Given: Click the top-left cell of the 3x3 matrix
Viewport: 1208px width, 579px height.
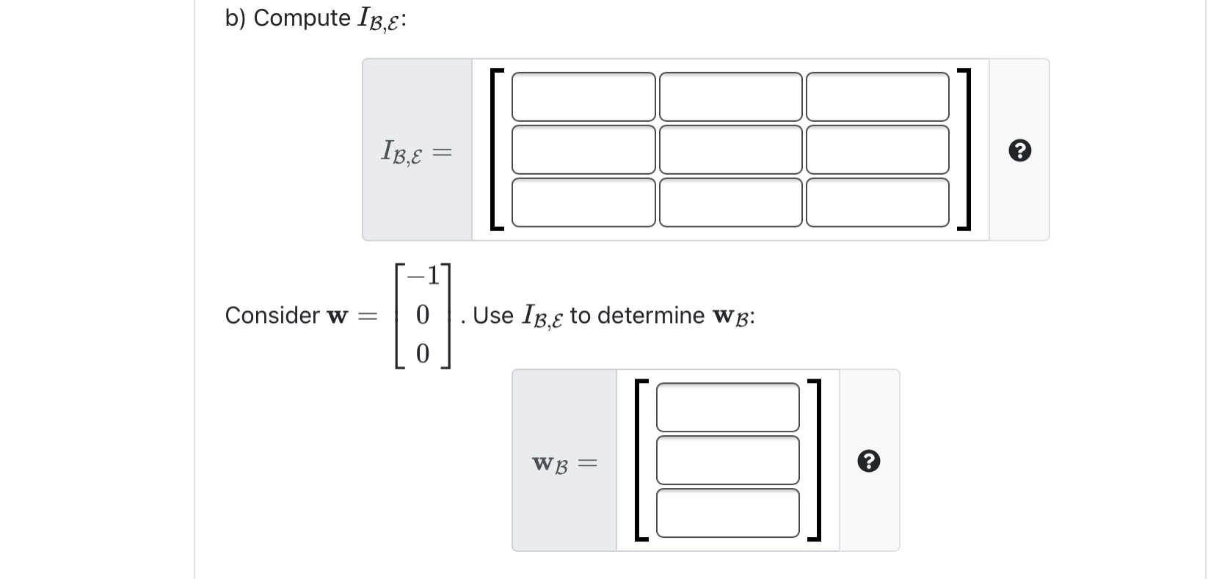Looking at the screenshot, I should pos(583,97).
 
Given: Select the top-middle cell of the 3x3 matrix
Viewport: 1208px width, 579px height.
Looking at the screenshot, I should pos(730,97).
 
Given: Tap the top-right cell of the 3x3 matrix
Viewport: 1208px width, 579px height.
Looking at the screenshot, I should pos(877,97).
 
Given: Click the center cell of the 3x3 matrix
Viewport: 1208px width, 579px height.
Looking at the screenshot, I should pos(730,150).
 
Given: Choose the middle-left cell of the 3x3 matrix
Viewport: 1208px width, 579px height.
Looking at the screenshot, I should pos(583,150).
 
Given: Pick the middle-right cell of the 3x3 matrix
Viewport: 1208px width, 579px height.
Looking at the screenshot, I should pos(877,150).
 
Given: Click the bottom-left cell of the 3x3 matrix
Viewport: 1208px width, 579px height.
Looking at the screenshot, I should pos(583,203).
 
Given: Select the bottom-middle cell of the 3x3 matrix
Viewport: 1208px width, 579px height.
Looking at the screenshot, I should pos(730,203).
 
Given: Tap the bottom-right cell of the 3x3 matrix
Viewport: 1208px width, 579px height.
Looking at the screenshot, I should pos(877,203).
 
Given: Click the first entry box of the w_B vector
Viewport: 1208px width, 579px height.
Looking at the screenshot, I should pos(727,407).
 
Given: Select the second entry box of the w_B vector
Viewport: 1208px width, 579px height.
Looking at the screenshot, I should pos(727,460).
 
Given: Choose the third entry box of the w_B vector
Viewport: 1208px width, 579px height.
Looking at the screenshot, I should pos(727,513).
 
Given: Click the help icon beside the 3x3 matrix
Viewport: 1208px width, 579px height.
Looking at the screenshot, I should pos(1019,151).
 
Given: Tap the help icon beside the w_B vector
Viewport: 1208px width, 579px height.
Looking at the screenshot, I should pos(869,462).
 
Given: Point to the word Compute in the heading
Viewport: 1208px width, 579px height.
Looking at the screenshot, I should pos(302,18).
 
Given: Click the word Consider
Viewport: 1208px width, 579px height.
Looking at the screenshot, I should pos(272,316).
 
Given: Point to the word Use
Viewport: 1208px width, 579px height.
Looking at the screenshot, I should pos(493,316).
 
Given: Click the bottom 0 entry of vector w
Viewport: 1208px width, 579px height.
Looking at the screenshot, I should pos(422,354).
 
